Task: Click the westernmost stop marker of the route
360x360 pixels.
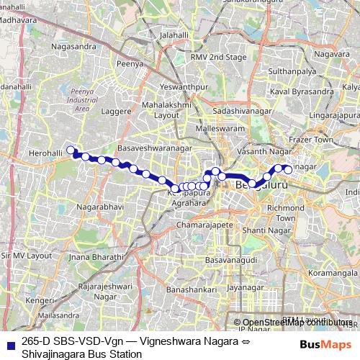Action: click(x=71, y=150)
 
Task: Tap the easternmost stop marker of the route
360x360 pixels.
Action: click(x=288, y=170)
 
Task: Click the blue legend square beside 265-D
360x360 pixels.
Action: click(x=10, y=345)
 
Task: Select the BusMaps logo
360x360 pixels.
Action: click(x=325, y=344)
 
